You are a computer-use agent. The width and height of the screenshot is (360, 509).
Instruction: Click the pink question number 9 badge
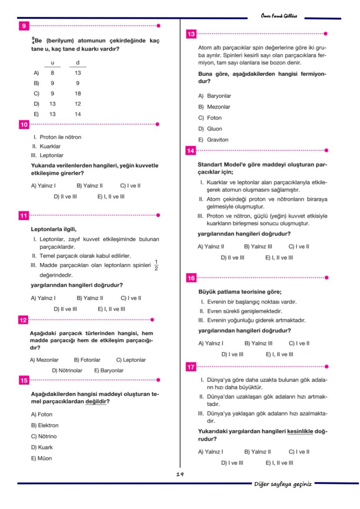[23, 26]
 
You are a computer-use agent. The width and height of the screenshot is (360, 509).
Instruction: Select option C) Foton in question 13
[210, 118]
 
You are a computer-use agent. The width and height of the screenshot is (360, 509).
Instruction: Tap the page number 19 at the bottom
[180, 474]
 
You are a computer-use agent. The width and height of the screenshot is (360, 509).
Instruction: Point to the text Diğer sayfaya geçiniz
[283, 484]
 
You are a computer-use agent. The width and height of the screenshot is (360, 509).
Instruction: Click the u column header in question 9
[53, 63]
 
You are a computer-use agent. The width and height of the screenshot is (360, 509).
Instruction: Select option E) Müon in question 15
[41, 458]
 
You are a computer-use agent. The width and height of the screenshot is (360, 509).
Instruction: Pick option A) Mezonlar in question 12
[44, 360]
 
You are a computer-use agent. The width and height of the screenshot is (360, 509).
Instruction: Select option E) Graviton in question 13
[213, 140]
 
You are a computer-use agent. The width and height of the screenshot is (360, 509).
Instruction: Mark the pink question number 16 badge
[190, 278]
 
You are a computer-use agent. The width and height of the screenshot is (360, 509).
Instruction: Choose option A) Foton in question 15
[41, 414]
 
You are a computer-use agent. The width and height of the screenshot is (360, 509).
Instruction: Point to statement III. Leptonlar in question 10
[47, 155]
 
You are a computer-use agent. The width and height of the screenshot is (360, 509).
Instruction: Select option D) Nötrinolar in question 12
[67, 370]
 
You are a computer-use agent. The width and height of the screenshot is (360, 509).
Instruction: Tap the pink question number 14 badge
[190, 151]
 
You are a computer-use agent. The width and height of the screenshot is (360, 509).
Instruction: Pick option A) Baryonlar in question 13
[215, 96]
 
